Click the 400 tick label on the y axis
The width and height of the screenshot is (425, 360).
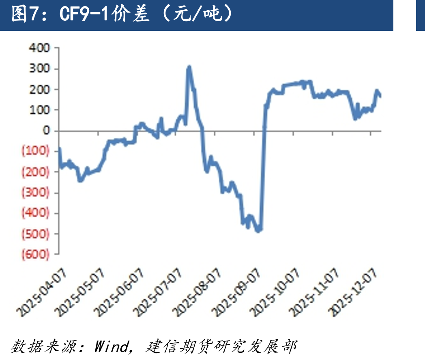click(x=39, y=48)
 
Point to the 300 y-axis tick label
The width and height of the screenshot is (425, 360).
click(x=40, y=69)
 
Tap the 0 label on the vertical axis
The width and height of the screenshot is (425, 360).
click(x=46, y=131)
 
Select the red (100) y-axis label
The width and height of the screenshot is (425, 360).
click(x=36, y=151)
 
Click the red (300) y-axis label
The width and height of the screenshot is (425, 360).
click(x=36, y=193)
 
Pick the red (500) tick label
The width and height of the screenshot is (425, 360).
click(x=36, y=234)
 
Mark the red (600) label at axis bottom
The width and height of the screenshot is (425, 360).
click(x=36, y=255)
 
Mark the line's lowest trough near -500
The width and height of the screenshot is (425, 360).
click(x=258, y=231)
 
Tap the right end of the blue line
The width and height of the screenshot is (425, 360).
click(x=380, y=96)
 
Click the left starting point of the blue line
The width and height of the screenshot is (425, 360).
click(x=59, y=149)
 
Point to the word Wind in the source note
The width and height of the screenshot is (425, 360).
click(x=112, y=346)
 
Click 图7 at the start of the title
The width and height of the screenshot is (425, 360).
click(x=24, y=14)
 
